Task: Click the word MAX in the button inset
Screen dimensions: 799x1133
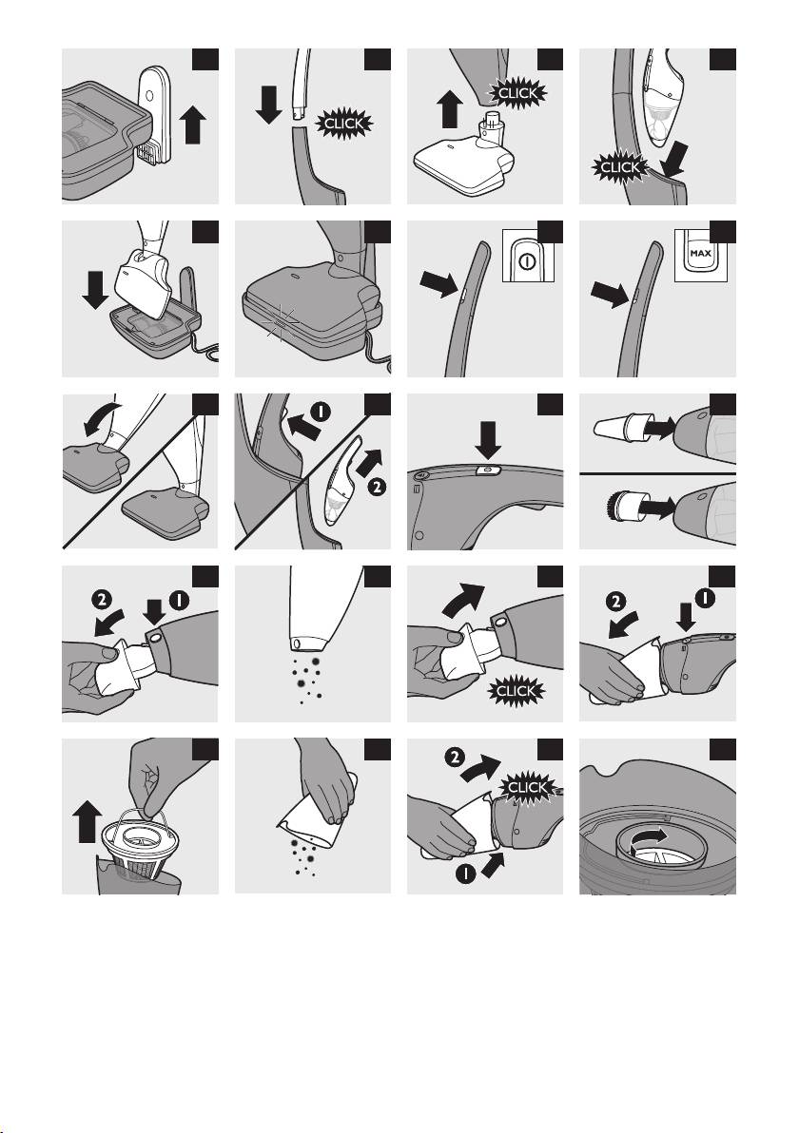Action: [x=701, y=254]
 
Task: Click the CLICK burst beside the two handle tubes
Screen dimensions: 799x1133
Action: [x=345, y=124]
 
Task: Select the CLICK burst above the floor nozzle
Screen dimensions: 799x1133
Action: [x=518, y=92]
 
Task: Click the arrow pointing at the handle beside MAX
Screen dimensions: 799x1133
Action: [x=611, y=294]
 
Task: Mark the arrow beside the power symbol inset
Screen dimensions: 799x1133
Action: [x=439, y=285]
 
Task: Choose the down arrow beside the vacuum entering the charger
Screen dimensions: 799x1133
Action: [x=95, y=289]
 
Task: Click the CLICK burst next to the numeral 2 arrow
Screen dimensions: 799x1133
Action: [x=527, y=787]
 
